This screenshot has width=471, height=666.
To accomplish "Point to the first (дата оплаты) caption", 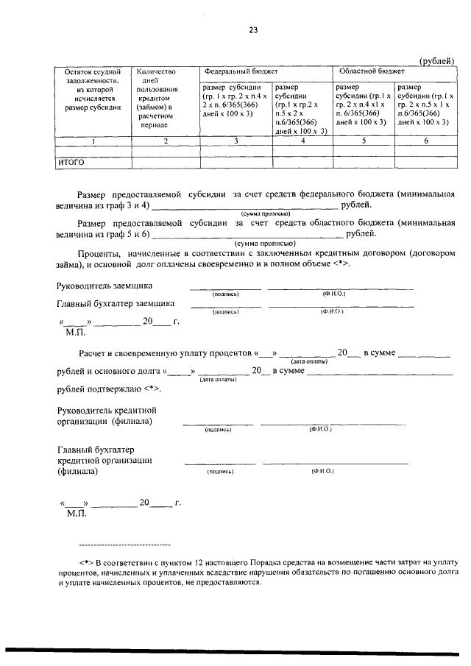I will [305, 361].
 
